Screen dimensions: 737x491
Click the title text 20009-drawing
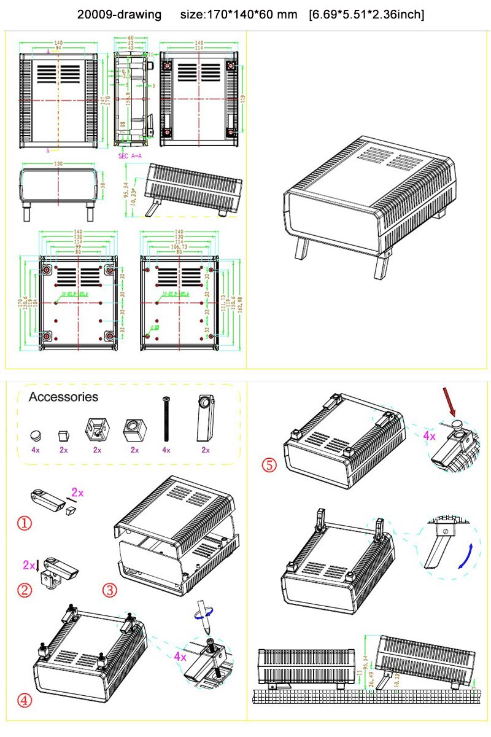pos(120,14)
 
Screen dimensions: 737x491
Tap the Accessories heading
pos(63,397)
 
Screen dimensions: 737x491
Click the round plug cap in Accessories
pos(36,435)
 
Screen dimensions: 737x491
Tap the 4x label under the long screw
pos(165,450)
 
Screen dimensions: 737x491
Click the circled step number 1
pos(23,523)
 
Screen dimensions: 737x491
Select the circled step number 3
pos(109,590)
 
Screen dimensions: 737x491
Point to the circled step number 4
pos(24,700)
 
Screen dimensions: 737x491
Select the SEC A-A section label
pos(130,156)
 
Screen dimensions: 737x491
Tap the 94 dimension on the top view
pos(58,47)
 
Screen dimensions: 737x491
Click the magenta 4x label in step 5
pos(428,436)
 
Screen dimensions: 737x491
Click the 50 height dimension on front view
pos(103,185)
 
